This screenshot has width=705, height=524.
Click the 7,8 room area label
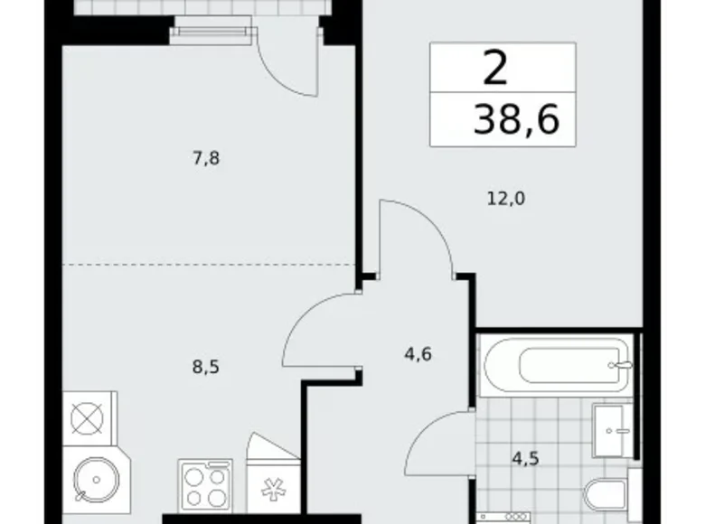pos(205,159)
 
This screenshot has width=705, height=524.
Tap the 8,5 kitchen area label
pos(205,368)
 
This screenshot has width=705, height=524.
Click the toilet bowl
pos(606,497)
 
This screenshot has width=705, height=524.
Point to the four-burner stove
pos(207,488)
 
